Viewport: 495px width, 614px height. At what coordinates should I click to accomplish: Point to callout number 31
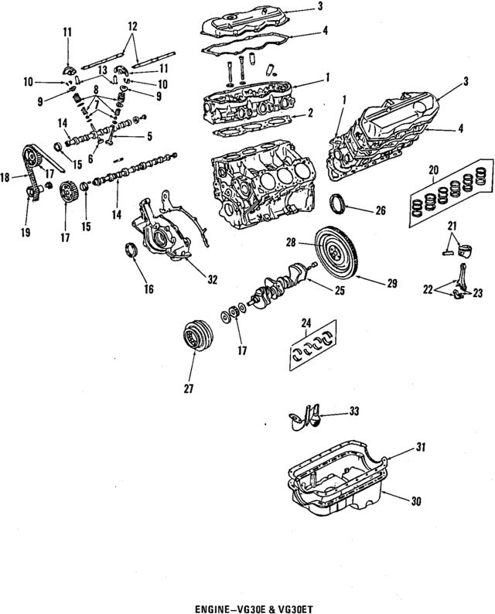tap(420, 448)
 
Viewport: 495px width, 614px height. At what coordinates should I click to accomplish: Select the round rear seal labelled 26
tap(340, 204)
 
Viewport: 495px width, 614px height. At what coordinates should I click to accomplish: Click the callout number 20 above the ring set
tap(433, 169)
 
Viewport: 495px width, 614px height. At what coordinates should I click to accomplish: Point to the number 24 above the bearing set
tap(306, 322)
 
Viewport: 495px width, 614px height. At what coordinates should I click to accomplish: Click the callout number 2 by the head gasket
tap(310, 114)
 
